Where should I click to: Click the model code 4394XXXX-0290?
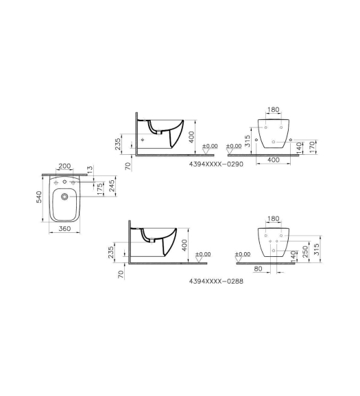click(216, 164)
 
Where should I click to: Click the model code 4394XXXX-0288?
click(216, 281)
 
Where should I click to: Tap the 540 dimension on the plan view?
click(39, 197)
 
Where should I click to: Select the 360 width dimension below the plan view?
click(64, 229)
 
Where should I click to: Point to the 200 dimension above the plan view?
click(64, 166)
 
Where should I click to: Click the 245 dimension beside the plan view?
click(112, 186)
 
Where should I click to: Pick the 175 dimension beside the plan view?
click(100, 189)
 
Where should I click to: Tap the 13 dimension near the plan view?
click(91, 169)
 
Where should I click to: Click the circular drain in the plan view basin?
click(64, 197)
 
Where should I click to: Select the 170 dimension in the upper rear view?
click(313, 147)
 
